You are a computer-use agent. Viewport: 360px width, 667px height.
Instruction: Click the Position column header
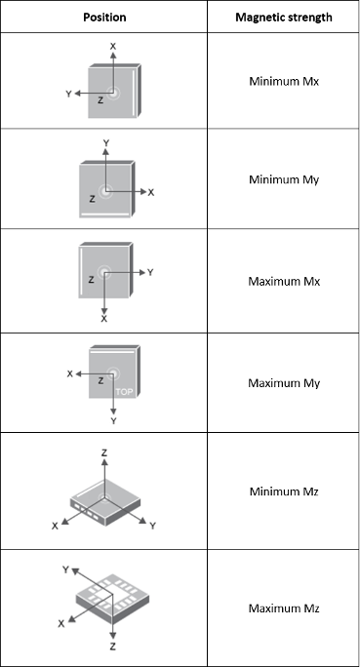(x=104, y=18)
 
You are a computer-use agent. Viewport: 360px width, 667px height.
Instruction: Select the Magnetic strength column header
(x=283, y=18)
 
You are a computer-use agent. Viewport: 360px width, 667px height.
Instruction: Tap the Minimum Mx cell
(x=284, y=81)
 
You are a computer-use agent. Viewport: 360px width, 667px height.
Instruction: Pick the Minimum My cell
(x=284, y=179)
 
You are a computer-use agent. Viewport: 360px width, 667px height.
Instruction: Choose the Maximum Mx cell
(x=284, y=281)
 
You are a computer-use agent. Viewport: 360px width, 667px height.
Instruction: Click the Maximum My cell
(x=284, y=383)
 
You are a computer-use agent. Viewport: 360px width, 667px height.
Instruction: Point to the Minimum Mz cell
(x=284, y=491)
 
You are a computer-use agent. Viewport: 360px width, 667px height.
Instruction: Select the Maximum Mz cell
(x=284, y=608)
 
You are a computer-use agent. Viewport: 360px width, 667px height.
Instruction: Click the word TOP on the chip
(x=124, y=392)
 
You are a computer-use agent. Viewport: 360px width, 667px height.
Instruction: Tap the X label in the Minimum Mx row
(x=113, y=47)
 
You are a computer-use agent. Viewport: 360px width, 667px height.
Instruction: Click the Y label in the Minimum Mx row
(x=68, y=94)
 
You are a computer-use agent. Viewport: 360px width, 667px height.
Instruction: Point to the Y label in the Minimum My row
(x=106, y=143)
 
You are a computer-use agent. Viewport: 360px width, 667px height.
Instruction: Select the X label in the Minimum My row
(x=151, y=193)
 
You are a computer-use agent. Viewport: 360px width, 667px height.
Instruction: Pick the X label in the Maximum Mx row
(x=104, y=319)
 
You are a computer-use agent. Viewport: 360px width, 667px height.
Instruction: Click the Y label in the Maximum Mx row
(x=150, y=272)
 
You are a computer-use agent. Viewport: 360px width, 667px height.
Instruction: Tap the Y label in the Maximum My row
(x=113, y=421)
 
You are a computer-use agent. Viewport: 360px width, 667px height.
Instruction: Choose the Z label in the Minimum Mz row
(x=104, y=453)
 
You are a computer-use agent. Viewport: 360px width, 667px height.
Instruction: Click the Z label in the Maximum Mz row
(x=113, y=647)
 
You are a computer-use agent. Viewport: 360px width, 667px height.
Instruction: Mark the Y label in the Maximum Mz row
(x=65, y=569)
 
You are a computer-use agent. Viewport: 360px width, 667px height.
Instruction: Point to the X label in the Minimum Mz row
(x=55, y=527)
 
